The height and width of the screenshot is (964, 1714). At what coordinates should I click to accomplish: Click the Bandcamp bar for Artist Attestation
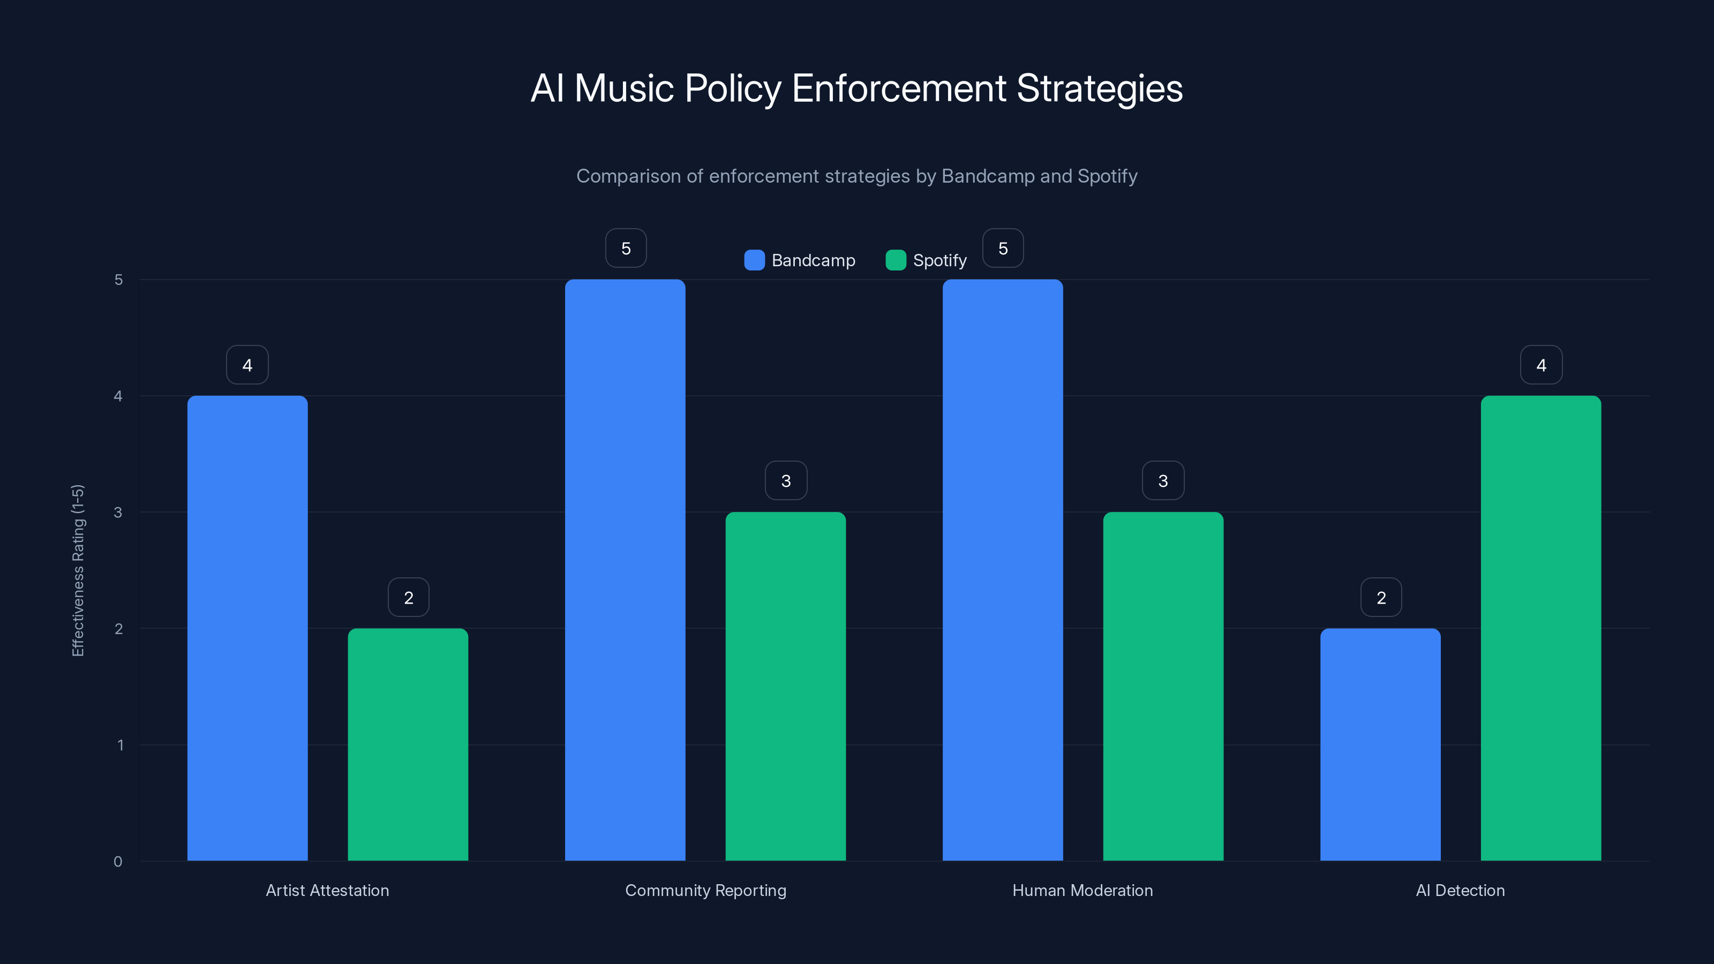click(247, 628)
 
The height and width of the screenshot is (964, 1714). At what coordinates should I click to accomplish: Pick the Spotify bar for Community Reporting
click(785, 686)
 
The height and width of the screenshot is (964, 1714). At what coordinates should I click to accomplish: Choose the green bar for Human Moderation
click(1162, 686)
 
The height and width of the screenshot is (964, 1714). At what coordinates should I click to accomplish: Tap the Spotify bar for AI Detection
click(1540, 628)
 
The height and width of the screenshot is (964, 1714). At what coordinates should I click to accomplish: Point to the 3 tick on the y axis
click(118, 513)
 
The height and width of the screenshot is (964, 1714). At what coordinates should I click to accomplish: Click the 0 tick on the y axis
click(118, 862)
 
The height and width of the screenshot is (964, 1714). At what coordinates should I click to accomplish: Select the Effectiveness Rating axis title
click(78, 570)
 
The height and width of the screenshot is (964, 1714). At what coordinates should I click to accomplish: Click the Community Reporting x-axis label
click(705, 890)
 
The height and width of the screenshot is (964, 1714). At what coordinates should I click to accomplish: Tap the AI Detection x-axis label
click(1460, 890)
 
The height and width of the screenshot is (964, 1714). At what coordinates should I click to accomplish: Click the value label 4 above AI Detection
click(1540, 365)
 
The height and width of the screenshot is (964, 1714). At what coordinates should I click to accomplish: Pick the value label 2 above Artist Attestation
click(408, 598)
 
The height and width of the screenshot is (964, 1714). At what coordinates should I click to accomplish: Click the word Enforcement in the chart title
click(898, 88)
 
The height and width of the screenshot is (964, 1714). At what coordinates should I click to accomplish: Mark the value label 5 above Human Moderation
click(1002, 248)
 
